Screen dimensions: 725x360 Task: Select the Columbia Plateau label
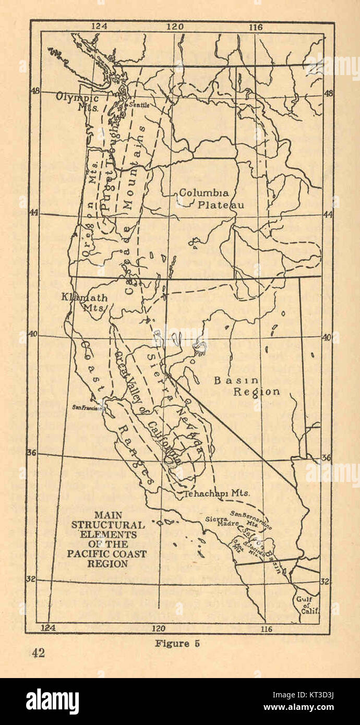click(209, 198)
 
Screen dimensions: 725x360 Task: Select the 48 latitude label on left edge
click(34, 91)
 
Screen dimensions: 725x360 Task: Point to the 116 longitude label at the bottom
click(266, 629)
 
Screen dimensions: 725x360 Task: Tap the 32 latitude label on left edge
click(31, 578)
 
